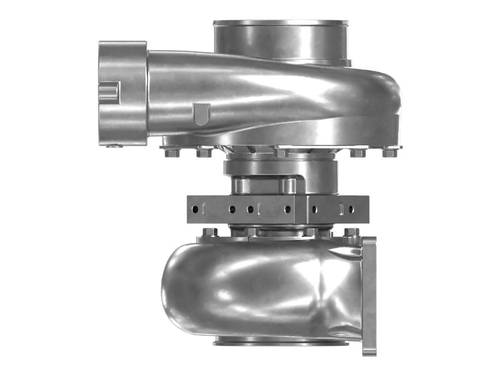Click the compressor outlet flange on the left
pos(123,93)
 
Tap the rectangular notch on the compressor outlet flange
pos(109,93)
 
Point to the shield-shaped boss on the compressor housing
pos(200,114)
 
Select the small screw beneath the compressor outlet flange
pos(114,146)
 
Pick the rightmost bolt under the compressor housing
pos(389,152)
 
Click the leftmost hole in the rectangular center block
pos(195,209)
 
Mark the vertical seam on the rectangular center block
pos(307,209)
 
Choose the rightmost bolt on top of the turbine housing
pos(351,232)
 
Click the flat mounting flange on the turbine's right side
pos(369,295)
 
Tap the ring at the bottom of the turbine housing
pos(280,342)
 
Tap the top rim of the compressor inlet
pos(282,23)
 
